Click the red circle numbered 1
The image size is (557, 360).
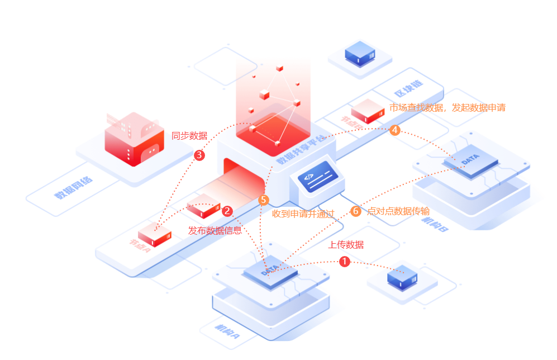[x=344, y=261]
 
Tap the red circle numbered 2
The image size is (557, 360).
[x=227, y=211]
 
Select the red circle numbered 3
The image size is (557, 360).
[x=199, y=155]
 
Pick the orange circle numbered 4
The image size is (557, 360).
[x=395, y=130]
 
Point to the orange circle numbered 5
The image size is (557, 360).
[x=264, y=200]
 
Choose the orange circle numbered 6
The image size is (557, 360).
[x=356, y=211]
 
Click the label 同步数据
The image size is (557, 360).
[x=189, y=135]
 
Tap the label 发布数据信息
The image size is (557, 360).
[x=215, y=230]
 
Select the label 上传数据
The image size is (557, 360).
[x=346, y=244]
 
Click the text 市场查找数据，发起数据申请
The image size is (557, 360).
[x=447, y=107]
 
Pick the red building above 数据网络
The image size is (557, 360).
[x=134, y=140]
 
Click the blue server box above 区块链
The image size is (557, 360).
[x=360, y=54]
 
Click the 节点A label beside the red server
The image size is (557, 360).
[x=140, y=244]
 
